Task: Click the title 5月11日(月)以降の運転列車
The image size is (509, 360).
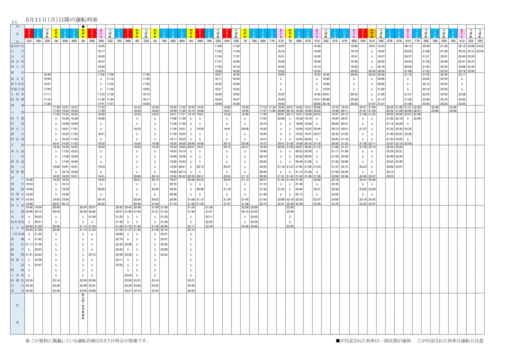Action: [62, 20]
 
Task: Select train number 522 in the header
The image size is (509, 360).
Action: [29, 41]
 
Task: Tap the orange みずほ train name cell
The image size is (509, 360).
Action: [372, 33]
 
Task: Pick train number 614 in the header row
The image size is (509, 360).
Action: [372, 41]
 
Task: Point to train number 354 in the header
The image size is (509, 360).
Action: [480, 41]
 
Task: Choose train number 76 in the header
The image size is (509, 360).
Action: [245, 41]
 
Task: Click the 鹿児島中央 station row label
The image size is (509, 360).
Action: [17, 46]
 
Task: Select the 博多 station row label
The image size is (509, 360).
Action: [17, 105]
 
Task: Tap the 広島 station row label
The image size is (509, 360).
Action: [17, 145]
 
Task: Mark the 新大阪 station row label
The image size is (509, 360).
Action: [17, 206]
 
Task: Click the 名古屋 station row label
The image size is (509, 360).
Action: [17, 228]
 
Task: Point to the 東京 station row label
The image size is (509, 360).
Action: [17, 291]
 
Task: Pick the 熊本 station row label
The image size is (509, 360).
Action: [17, 72]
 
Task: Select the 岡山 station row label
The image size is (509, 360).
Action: [17, 178]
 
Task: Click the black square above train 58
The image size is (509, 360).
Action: [83, 27]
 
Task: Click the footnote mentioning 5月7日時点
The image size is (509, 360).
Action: [87, 340]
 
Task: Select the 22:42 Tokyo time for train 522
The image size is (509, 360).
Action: [29, 291]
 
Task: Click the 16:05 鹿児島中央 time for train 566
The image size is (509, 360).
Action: [101, 46]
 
